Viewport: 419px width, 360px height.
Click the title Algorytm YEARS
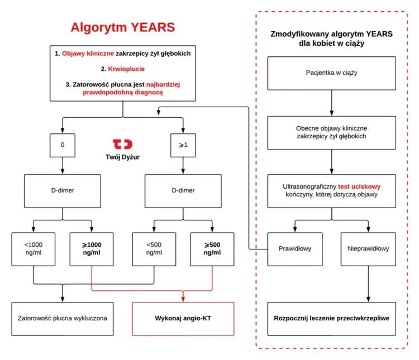click(x=123, y=27)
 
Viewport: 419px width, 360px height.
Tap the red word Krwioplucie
click(x=126, y=69)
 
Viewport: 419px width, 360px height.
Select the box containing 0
click(x=63, y=145)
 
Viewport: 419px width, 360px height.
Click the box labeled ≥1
click(x=183, y=145)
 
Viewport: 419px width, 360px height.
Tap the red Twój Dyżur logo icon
click(x=123, y=144)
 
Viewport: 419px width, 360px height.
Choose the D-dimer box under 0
click(x=63, y=191)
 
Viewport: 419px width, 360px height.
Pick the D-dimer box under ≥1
click(x=183, y=191)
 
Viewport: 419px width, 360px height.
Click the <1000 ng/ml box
click(x=34, y=249)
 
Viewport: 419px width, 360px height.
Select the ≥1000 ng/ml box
click(x=92, y=249)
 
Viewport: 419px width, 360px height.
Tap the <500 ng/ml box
click(x=154, y=249)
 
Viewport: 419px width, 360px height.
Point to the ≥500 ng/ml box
click(x=212, y=249)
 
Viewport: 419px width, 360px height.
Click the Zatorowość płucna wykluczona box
click(x=63, y=319)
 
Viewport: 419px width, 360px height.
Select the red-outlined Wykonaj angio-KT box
click(x=183, y=319)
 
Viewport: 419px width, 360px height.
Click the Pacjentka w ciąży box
click(x=332, y=73)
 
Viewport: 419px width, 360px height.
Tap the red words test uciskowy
click(x=359, y=186)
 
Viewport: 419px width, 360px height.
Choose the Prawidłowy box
click(x=295, y=249)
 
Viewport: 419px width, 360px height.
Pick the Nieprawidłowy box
click(x=368, y=249)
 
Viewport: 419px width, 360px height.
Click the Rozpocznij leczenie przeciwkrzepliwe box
click(x=332, y=319)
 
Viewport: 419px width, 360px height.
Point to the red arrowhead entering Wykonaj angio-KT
click(x=183, y=299)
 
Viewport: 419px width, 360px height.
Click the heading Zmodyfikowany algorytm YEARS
click(x=332, y=34)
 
